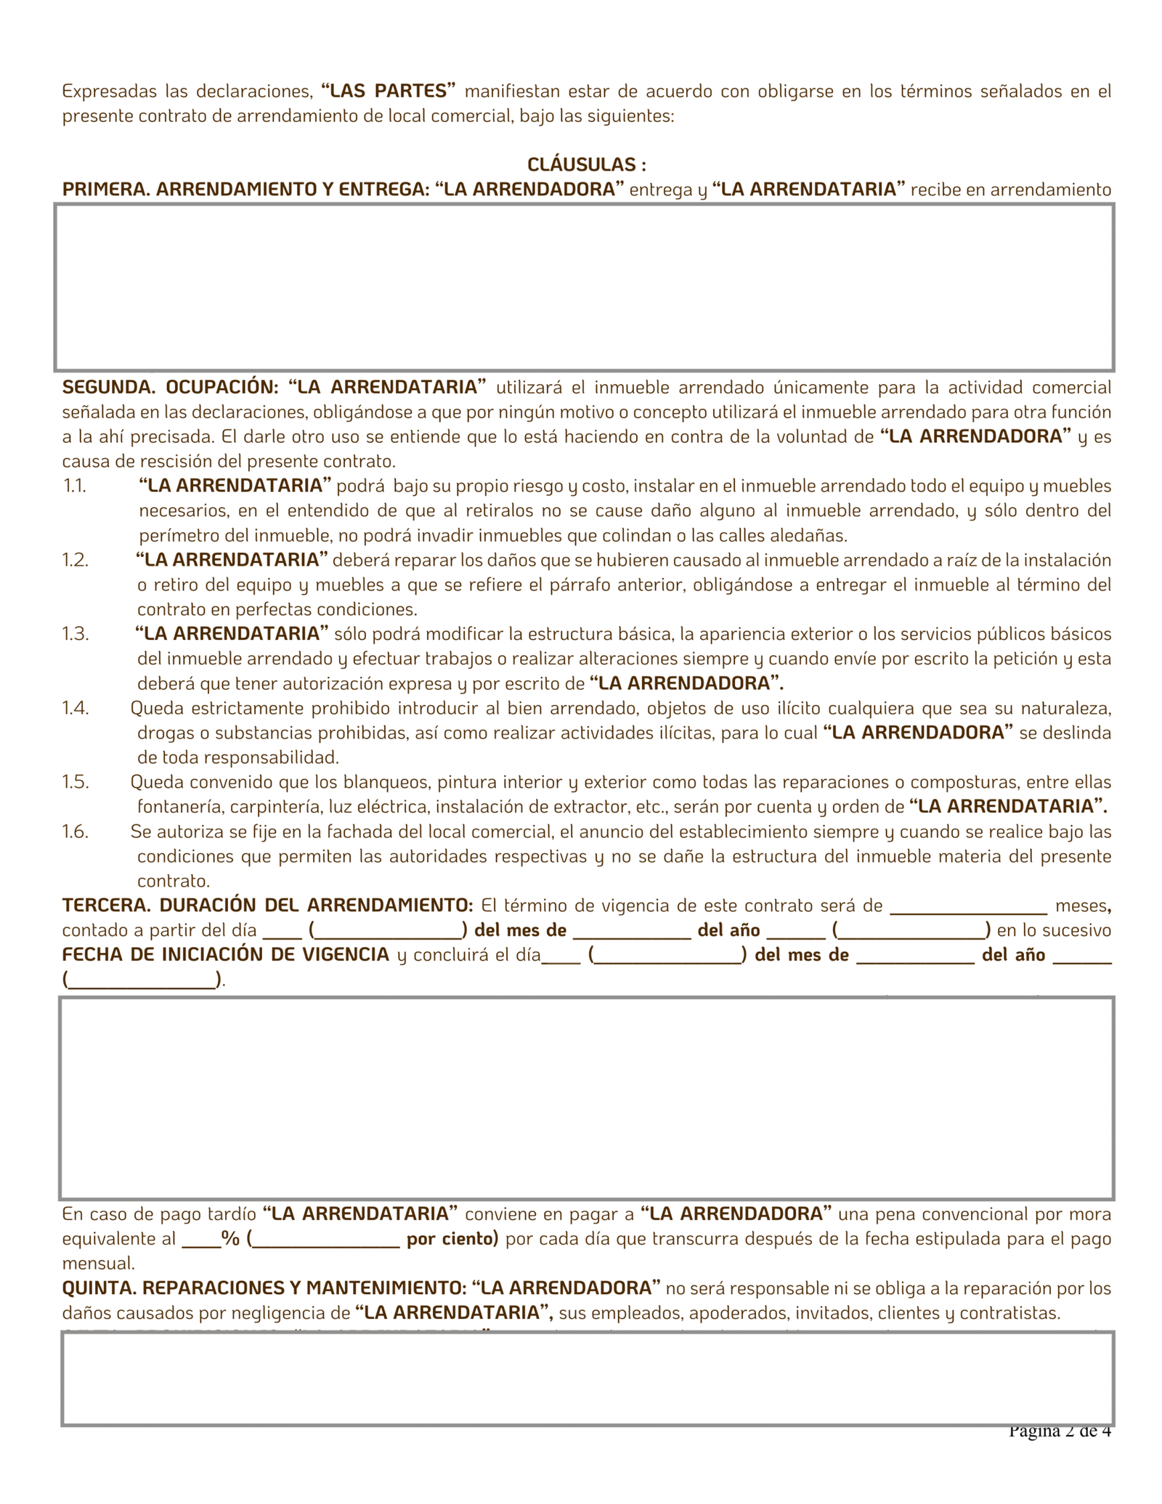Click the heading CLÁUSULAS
coord(586,165)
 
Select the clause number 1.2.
coord(75,559)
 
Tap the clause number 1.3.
coord(75,633)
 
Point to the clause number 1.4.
coord(75,707)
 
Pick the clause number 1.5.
coord(75,781)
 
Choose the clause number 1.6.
coord(75,831)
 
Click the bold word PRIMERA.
coord(105,190)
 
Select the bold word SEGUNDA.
coord(108,387)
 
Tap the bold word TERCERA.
coord(106,905)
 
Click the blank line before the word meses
coord(968,908)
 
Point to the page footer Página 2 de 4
coord(1060,1431)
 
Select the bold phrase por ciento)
coord(452,1238)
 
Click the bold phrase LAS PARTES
coord(388,91)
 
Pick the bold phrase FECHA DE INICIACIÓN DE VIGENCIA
coord(226,954)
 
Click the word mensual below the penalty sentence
coord(99,1263)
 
